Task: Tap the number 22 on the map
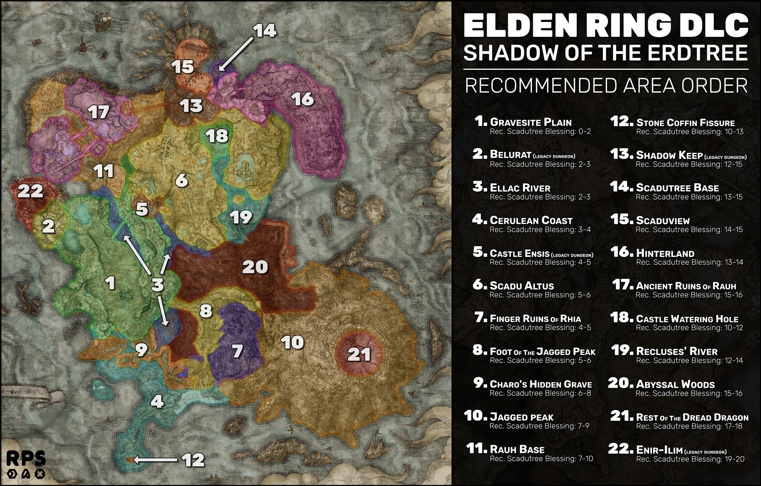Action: (x=30, y=191)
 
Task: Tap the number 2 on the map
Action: (x=48, y=226)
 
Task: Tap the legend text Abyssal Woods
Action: (x=675, y=384)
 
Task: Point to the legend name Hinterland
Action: (x=665, y=253)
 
